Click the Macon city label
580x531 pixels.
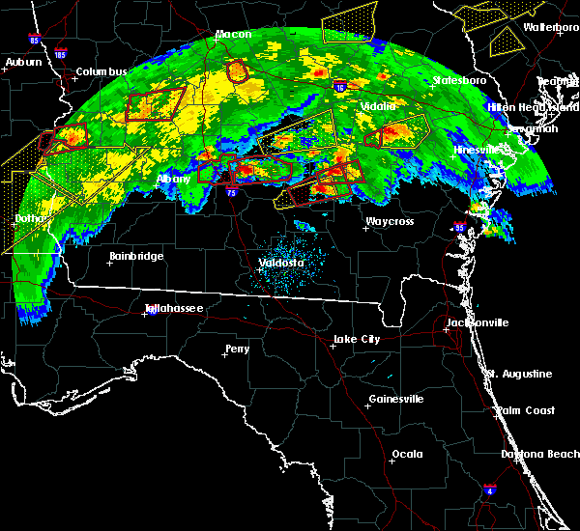tap(233, 35)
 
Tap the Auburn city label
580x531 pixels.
tap(23, 63)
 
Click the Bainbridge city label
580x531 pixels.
tap(135, 256)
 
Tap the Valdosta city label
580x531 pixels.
tap(281, 263)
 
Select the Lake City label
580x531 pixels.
tap(357, 339)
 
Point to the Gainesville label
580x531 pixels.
tap(395, 399)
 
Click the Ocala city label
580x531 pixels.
tap(407, 454)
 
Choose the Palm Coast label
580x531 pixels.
tap(527, 410)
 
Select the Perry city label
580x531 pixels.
tap(237, 349)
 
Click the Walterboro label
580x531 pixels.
tap(551, 27)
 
